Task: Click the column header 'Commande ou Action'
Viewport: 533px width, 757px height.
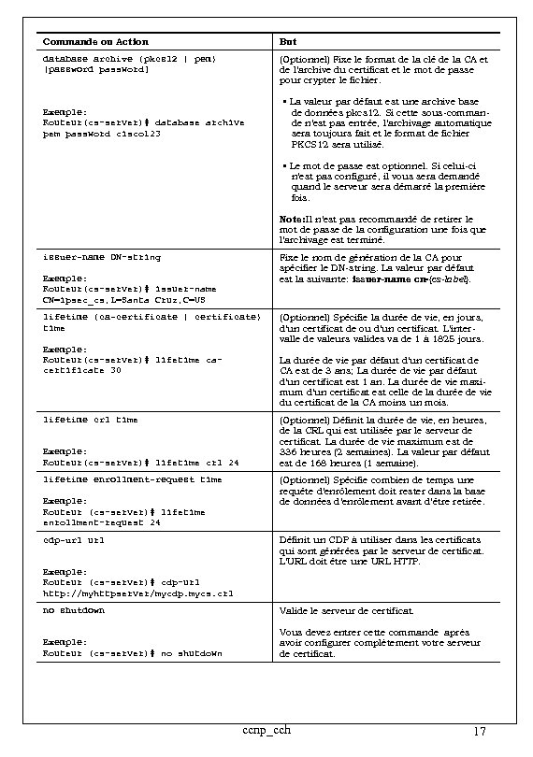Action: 96,41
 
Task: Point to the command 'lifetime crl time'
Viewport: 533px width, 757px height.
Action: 91,420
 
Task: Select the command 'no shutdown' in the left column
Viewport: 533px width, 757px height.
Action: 74,610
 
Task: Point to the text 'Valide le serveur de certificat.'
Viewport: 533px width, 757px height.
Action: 346,610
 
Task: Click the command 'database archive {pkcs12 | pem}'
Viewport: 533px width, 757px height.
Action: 130,58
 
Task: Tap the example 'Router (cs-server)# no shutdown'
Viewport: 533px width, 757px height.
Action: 134,653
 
